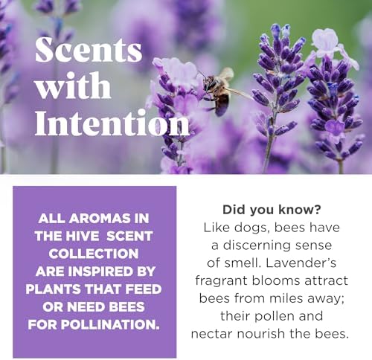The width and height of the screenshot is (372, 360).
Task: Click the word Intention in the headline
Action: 112,123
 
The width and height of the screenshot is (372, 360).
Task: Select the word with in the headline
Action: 73,86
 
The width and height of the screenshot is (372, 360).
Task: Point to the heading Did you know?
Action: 272,210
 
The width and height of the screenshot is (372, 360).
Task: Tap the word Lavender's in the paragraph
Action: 301,263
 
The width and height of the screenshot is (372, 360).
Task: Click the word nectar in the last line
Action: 213,334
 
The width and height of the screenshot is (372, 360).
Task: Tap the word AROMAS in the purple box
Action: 100,219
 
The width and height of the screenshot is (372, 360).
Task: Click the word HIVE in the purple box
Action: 82,236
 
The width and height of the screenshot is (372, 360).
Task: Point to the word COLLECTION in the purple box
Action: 94,254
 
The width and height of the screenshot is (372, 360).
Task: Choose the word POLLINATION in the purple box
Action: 110,324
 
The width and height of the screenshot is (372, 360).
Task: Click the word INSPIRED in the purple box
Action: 100,271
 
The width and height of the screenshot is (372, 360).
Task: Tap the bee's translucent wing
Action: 226,74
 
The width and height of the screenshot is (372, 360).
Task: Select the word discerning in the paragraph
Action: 257,246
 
